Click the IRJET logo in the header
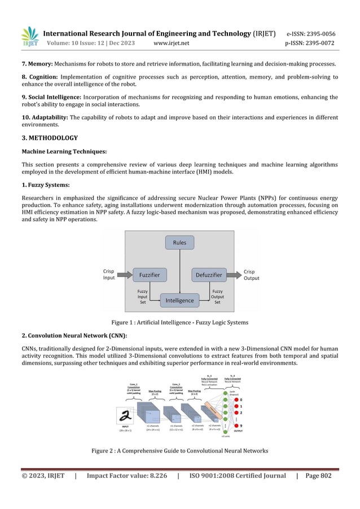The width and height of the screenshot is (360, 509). click(30, 36)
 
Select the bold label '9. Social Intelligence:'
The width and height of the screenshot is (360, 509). click(52, 97)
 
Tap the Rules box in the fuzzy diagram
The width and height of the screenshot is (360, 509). click(179, 243)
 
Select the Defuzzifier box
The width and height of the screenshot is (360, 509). click(209, 275)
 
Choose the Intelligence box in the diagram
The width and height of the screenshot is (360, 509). click(179, 300)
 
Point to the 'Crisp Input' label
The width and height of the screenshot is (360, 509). click(109, 275)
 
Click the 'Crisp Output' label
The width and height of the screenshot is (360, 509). click(252, 275)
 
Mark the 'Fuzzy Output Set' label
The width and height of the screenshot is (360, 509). click(217, 297)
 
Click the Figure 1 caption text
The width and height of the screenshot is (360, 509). click(179, 322)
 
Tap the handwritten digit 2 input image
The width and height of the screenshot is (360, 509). click(126, 415)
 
